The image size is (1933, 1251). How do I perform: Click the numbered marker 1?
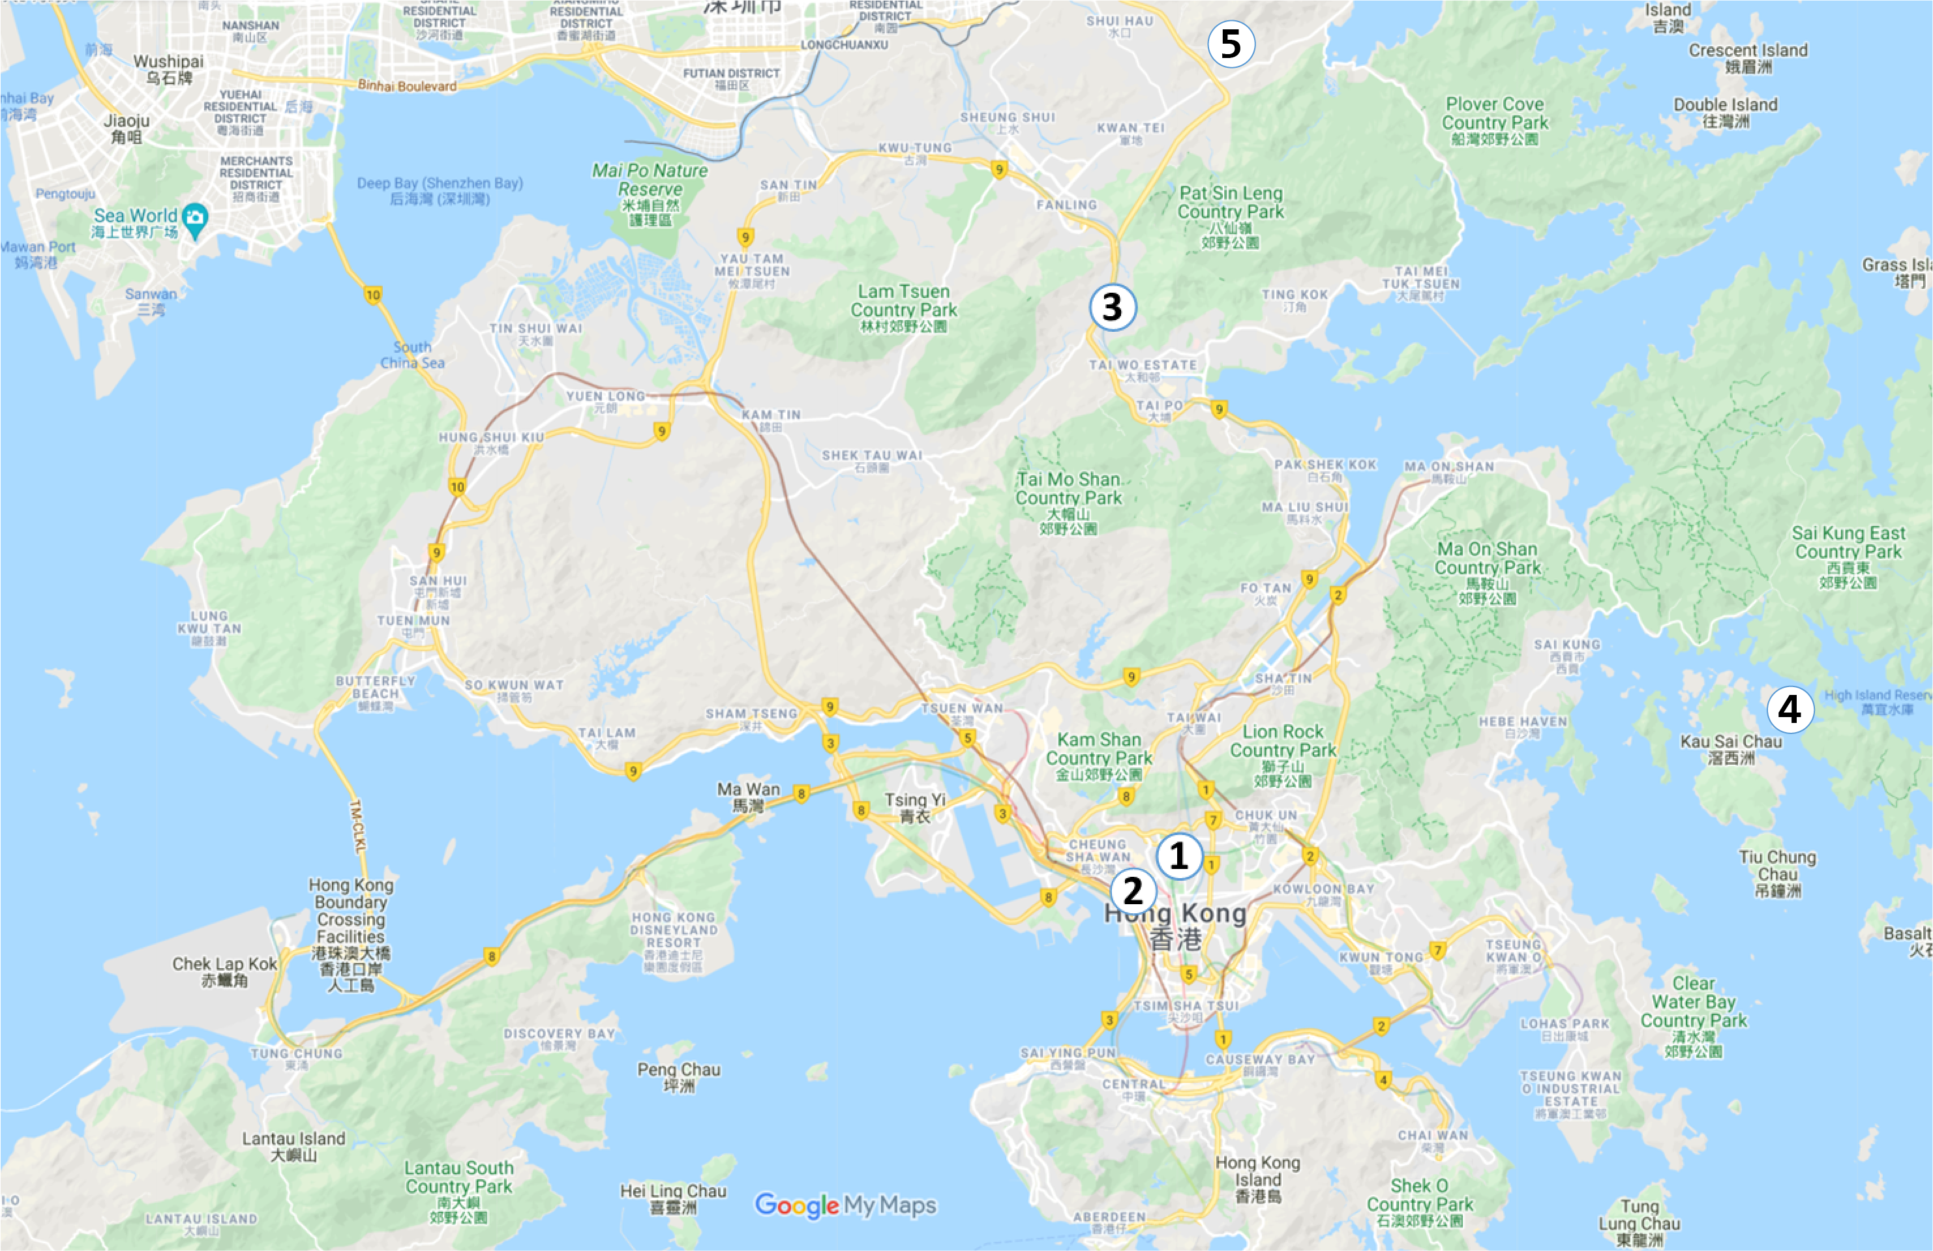pyautogui.click(x=1178, y=856)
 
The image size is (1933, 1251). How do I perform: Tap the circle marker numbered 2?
pyautogui.click(x=1133, y=890)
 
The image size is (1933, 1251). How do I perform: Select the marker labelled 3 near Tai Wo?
pyautogui.click(x=1112, y=307)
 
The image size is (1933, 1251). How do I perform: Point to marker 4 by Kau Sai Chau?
pyautogui.click(x=1790, y=709)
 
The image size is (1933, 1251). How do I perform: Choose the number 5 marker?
pyautogui.click(x=1231, y=44)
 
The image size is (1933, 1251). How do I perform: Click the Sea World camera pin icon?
pyautogui.click(x=195, y=218)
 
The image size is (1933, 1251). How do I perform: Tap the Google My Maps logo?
pyautogui.click(x=845, y=1205)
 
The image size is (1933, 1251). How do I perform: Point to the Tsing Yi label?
pyautogui.click(x=916, y=808)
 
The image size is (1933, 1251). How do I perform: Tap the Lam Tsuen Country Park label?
pyautogui.click(x=903, y=308)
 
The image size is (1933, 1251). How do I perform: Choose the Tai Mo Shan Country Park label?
pyautogui.click(x=1068, y=503)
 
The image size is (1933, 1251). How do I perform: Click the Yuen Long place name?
pyautogui.click(x=606, y=401)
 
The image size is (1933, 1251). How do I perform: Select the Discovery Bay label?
pyautogui.click(x=559, y=1038)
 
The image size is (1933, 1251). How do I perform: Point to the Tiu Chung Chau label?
pyautogui.click(x=1777, y=873)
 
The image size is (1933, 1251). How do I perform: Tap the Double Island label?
pyautogui.click(x=1725, y=112)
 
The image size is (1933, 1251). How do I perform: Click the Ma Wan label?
pyautogui.click(x=748, y=797)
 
